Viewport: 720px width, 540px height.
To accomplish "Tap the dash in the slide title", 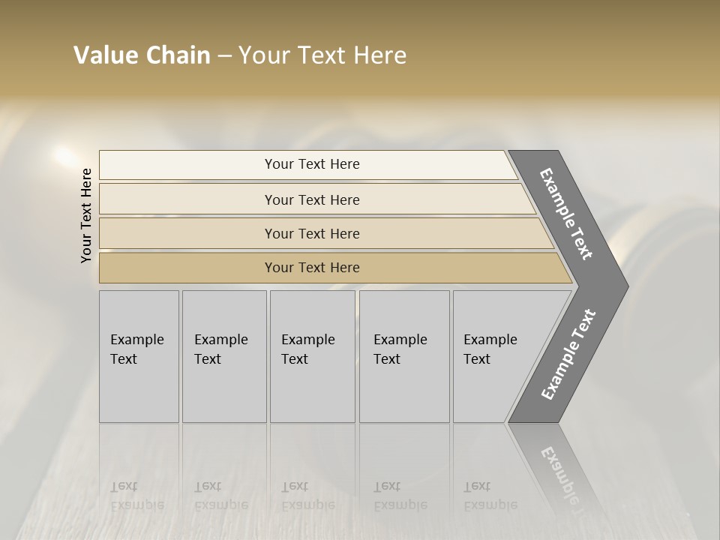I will (224, 56).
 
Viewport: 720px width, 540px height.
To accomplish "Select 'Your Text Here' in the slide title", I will (322, 55).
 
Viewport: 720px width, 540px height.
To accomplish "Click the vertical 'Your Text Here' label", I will (86, 215).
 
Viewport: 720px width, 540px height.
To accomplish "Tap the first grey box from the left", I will (139, 356).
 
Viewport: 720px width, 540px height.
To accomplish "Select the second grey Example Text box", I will (224, 356).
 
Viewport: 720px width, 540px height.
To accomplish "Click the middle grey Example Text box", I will (312, 356).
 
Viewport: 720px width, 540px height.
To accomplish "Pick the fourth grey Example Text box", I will (404, 356).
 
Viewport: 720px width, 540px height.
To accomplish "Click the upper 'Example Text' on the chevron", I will (566, 214).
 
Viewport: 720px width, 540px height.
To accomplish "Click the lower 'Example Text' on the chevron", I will (568, 354).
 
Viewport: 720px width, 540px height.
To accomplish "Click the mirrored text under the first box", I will (136, 496).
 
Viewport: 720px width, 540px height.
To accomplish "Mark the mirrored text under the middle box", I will (307, 496).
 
